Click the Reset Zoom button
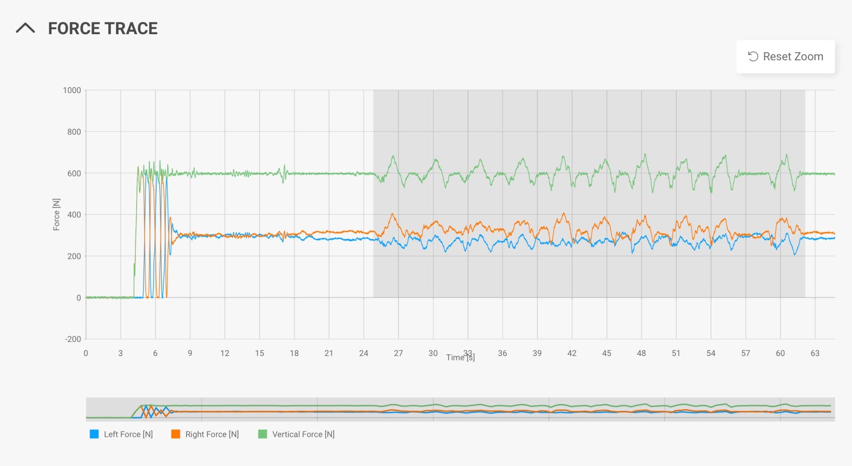(x=785, y=57)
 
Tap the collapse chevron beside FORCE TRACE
(x=25, y=28)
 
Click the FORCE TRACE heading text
(x=103, y=28)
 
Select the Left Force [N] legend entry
(x=128, y=434)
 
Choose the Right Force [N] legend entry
(x=212, y=434)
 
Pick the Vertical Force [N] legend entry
(x=303, y=434)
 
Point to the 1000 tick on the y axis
(x=72, y=90)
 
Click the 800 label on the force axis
(x=74, y=132)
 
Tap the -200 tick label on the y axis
(x=73, y=339)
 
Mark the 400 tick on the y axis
(x=74, y=215)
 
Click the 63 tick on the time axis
(x=815, y=353)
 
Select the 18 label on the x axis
(x=294, y=353)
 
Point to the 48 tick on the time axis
(x=641, y=353)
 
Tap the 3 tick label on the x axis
(x=120, y=353)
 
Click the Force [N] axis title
(x=56, y=215)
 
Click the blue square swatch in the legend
(x=94, y=434)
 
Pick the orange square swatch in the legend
(x=176, y=434)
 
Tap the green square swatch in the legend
(x=263, y=434)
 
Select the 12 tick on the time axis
(x=225, y=353)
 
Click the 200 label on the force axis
(x=74, y=256)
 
